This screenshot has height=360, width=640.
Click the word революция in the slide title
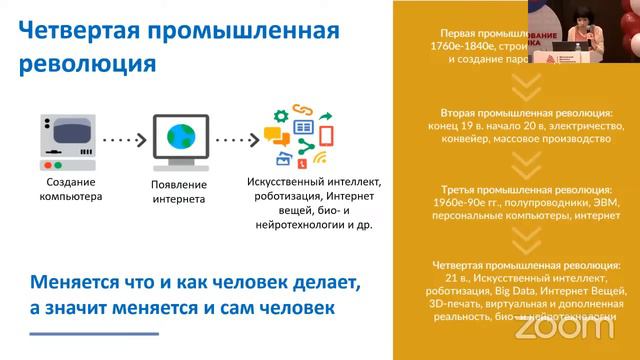pyautogui.click(x=88, y=63)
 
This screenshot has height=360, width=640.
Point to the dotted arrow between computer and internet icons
pyautogui.click(x=122, y=141)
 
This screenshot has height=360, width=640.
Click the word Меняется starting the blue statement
pyautogui.click(x=80, y=282)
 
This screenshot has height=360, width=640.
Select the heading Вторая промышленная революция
pyautogui.click(x=526, y=113)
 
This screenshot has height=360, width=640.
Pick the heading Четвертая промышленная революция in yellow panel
pyautogui.click(x=526, y=264)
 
